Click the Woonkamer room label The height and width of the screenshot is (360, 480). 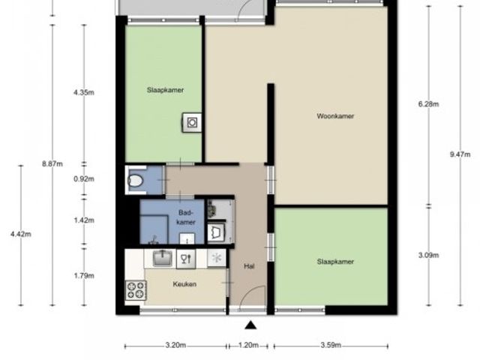335,116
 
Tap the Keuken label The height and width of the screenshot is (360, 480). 184,284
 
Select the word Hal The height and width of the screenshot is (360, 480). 249,266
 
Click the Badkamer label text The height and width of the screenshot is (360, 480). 186,217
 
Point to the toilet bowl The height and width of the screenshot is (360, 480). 135,180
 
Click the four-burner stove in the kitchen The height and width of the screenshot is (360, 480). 136,290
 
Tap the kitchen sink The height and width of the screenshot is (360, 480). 162,258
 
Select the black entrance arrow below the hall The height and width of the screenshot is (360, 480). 250,325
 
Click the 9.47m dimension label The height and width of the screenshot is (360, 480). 460,154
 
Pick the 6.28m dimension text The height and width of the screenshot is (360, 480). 428,104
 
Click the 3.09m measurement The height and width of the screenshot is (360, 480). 428,255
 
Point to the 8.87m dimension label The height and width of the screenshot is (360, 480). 52,163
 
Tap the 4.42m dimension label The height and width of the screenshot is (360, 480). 21,234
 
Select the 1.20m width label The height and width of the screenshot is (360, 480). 248,345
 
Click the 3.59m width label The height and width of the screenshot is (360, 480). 331,345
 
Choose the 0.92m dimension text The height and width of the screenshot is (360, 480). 84,178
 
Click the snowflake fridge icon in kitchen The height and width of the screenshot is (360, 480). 217,258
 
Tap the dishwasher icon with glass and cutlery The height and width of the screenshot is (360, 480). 186,259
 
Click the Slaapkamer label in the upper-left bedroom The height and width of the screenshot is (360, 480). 165,90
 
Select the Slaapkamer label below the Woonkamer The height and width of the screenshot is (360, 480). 335,262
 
